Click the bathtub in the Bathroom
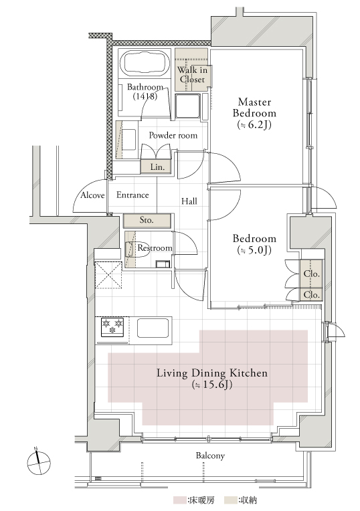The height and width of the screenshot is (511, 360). tap(145, 63)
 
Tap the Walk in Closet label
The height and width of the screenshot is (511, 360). tap(192, 74)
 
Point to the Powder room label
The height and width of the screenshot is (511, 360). tap(173, 135)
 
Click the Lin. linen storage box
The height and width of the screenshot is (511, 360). tap(156, 167)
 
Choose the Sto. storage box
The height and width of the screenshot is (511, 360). tap(147, 220)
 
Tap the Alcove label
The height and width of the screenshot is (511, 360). tap(92, 195)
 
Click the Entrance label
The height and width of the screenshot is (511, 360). tap(132, 195)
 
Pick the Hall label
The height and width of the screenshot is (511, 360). tap(189, 201)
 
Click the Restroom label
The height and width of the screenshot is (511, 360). tap(155, 248)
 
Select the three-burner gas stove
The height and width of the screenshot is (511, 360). tap(112, 327)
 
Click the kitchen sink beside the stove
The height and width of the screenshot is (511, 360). tap(153, 328)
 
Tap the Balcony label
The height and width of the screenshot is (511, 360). tap(210, 455)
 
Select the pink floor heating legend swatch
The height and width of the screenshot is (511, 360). tap(180, 500)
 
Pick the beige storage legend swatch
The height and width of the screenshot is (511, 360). tap(231, 500)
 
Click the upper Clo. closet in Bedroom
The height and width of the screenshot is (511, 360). tap(311, 274)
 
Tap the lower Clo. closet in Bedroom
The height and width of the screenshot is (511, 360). tap(311, 294)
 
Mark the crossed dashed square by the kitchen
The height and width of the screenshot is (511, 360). tap(108, 275)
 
